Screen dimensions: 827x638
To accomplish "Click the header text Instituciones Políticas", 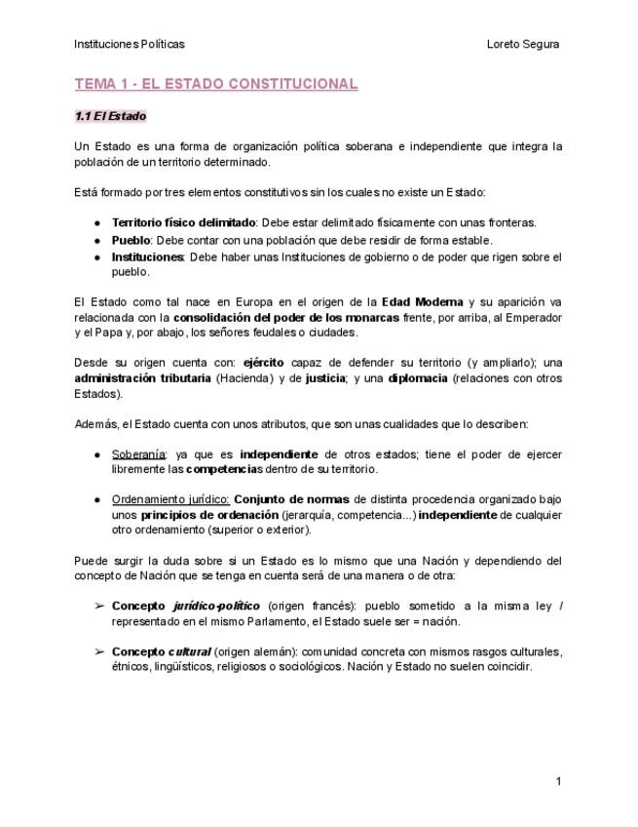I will [x=129, y=44].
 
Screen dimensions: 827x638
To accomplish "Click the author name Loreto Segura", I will [x=522, y=44].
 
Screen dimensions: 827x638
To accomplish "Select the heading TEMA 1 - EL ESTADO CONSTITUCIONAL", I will [x=216, y=84].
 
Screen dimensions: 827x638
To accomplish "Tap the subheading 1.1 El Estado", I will [x=110, y=116].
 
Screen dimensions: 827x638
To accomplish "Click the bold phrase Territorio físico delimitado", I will [x=183, y=222].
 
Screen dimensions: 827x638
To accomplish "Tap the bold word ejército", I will [x=264, y=362].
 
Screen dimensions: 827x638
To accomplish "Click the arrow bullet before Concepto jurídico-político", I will [x=99, y=606].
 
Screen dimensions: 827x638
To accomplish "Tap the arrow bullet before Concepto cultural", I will [x=99, y=650].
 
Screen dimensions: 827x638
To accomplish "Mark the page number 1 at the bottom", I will [x=559, y=781].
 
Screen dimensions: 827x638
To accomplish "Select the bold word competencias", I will [x=219, y=470].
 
